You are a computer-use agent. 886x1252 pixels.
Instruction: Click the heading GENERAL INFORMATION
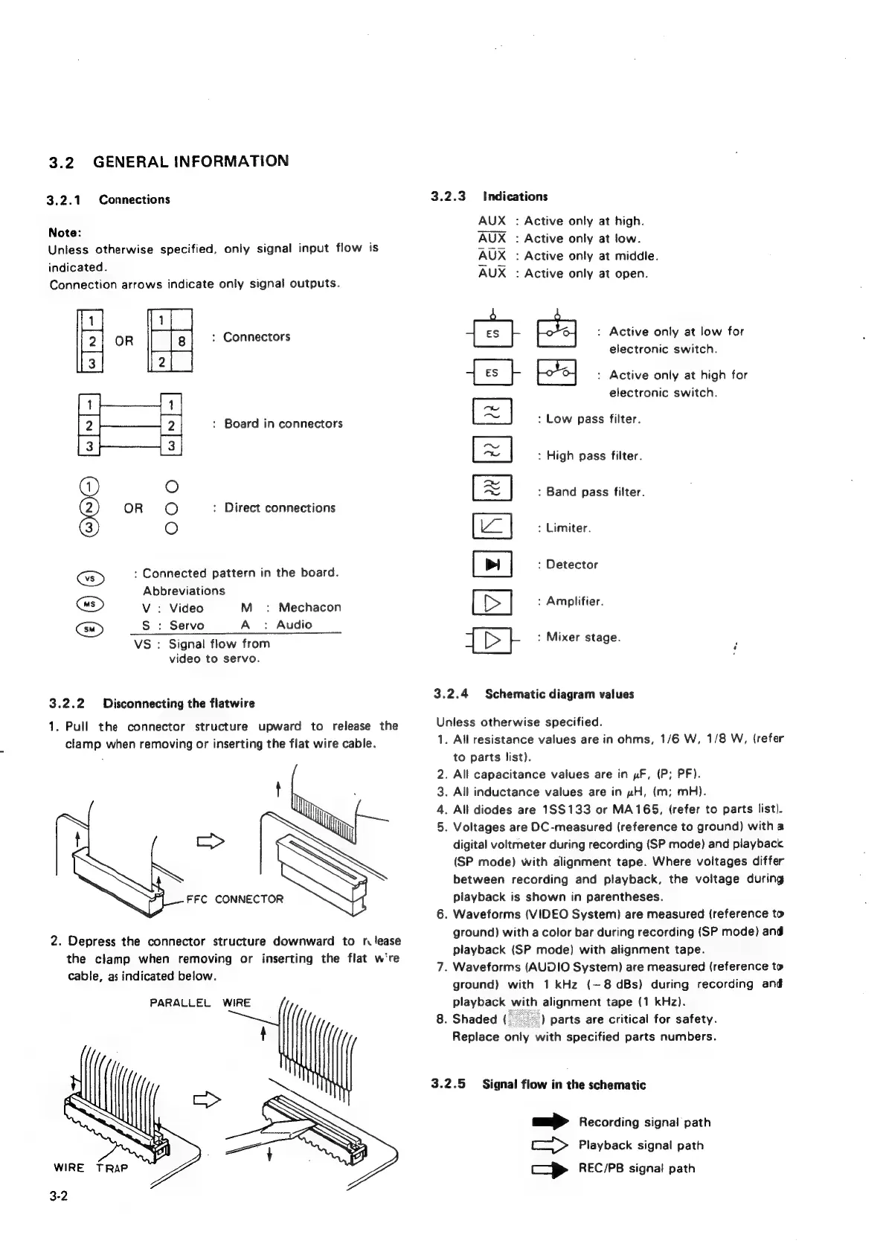click(191, 161)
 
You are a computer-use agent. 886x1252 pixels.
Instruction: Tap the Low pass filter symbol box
click(492, 412)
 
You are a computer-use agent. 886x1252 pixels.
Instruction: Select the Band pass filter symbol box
click(492, 488)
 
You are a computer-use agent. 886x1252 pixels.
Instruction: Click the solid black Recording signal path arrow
click(550, 1122)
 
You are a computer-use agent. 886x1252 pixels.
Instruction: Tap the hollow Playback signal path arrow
click(550, 1146)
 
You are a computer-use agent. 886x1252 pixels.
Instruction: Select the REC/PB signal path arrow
click(550, 1169)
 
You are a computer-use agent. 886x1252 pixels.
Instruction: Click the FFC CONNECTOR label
click(234, 899)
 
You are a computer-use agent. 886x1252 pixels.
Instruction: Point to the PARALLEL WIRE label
click(200, 1003)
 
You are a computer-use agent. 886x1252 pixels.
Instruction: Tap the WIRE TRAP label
click(91, 1167)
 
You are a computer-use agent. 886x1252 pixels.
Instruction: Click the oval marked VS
click(89, 578)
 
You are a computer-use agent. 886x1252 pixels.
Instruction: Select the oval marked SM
click(89, 629)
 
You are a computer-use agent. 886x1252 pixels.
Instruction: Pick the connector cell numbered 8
click(182, 342)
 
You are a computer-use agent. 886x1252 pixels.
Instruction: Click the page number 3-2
click(59, 1196)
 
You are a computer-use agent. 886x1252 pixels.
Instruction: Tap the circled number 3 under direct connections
click(89, 528)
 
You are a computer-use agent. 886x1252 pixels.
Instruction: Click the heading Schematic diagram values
click(559, 694)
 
